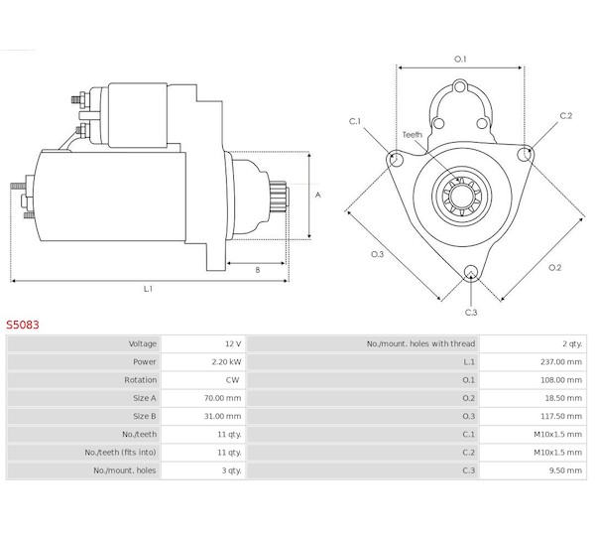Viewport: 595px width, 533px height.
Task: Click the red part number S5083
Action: pos(23,325)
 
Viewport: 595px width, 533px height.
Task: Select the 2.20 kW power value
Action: pos(226,361)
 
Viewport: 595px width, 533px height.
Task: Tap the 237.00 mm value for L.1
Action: pos(561,361)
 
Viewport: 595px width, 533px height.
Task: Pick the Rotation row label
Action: pos(140,380)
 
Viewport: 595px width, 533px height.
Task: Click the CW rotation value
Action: pos(232,380)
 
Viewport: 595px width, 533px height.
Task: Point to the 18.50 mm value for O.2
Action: pos(563,398)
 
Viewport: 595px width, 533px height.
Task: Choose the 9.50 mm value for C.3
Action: pos(565,470)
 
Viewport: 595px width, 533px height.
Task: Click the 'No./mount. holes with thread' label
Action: pos(420,343)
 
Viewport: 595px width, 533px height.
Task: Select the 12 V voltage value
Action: pos(233,343)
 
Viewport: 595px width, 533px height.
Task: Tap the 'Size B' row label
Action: pos(144,416)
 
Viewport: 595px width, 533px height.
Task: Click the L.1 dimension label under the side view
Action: pos(148,289)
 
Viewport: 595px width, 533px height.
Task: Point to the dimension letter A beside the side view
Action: pos(318,195)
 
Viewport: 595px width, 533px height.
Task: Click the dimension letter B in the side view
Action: pos(258,270)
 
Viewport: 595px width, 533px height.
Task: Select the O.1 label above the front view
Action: pos(460,59)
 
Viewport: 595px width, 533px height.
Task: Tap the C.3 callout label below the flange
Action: pos(471,313)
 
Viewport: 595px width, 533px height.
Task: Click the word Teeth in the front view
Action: pos(413,134)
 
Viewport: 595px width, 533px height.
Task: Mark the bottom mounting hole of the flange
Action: pos(471,272)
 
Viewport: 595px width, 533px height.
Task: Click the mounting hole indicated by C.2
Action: pos(525,154)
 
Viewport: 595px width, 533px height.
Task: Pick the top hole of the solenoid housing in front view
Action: pos(460,87)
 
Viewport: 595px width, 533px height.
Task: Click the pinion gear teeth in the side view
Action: pos(278,196)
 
